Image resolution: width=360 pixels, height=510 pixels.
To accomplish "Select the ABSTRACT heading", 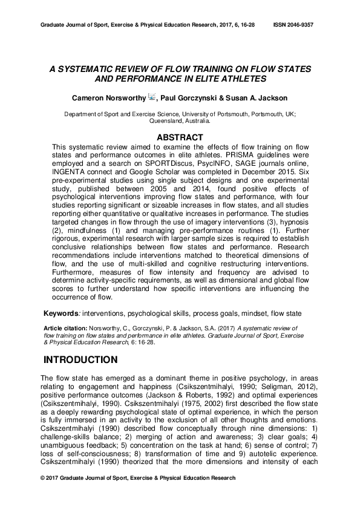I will pos(180,137).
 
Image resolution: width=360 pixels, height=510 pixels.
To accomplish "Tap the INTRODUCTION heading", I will pos(80,360).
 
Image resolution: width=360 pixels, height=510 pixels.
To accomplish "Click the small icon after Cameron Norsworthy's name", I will pos(152,97).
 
